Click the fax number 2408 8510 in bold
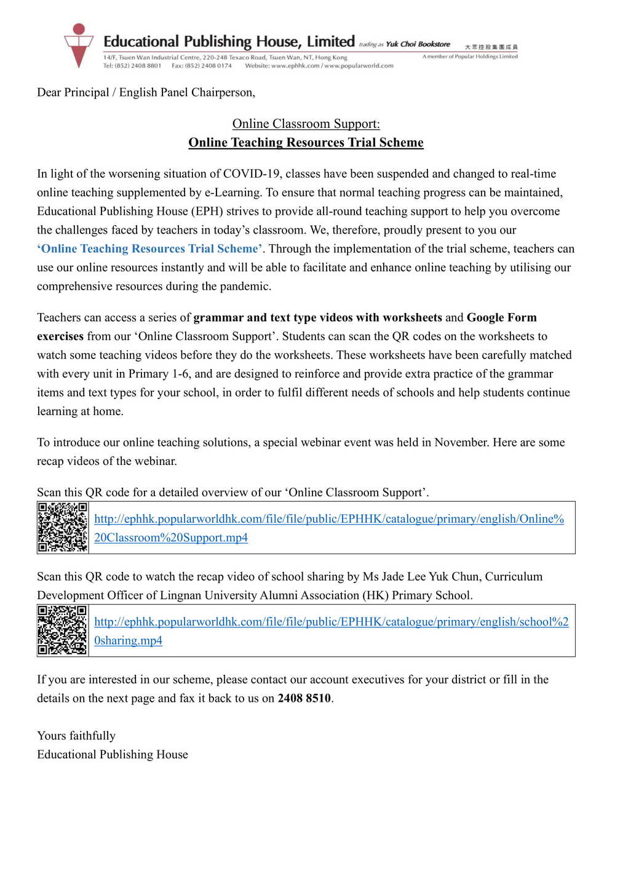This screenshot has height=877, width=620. pyautogui.click(x=304, y=698)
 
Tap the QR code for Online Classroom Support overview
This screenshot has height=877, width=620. pyautogui.click(x=63, y=527)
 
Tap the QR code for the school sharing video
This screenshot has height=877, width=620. pyautogui.click(x=63, y=630)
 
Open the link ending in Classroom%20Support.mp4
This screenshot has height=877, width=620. pyautogui.click(x=171, y=538)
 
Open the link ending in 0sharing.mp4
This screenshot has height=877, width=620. pyautogui.click(x=128, y=640)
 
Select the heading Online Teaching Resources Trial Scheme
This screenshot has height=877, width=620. pyautogui.click(x=306, y=143)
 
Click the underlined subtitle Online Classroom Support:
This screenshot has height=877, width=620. pyautogui.click(x=306, y=124)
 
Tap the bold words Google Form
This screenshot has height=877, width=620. pyautogui.click(x=501, y=317)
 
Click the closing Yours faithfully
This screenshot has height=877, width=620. pyautogui.click(x=76, y=736)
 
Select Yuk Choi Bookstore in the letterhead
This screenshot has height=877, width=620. pyautogui.click(x=418, y=44)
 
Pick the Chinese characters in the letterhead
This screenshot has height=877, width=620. pyautogui.click(x=491, y=47)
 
